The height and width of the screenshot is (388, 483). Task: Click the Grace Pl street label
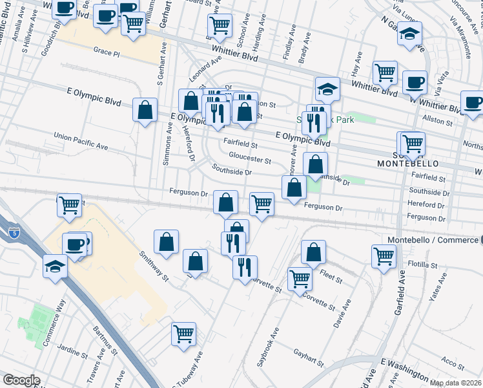(x=107, y=50)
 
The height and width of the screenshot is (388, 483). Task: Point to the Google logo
(x=21, y=380)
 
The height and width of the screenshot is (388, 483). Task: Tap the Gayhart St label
(x=308, y=356)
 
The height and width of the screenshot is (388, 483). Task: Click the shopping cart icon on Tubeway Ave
(x=183, y=334)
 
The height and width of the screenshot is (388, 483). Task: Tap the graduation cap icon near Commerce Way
(x=55, y=266)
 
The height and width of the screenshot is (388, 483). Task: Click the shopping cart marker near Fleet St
(x=384, y=257)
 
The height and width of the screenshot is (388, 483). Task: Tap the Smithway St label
(x=153, y=268)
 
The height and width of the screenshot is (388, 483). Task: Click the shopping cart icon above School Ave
(x=220, y=26)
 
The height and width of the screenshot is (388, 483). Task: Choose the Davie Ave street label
(x=342, y=312)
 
